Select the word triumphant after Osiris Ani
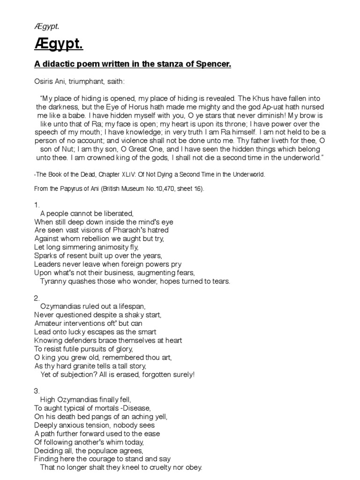tap(88, 82)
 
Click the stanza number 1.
tap(36, 204)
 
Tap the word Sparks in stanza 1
tap(46, 256)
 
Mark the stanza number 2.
tap(37, 297)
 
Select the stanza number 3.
tap(37, 390)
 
